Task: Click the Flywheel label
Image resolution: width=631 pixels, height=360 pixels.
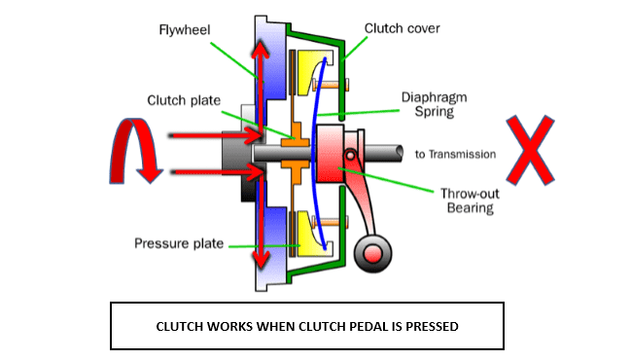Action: coord(185,28)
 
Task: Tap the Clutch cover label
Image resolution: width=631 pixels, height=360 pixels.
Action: coord(401,28)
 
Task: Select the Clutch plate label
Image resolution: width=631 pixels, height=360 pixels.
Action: coord(184,99)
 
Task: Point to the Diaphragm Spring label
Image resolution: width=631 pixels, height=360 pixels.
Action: coord(428,104)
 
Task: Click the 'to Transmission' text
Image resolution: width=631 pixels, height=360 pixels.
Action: coord(455,154)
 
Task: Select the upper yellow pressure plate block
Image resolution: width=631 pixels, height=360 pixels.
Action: coord(313,78)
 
